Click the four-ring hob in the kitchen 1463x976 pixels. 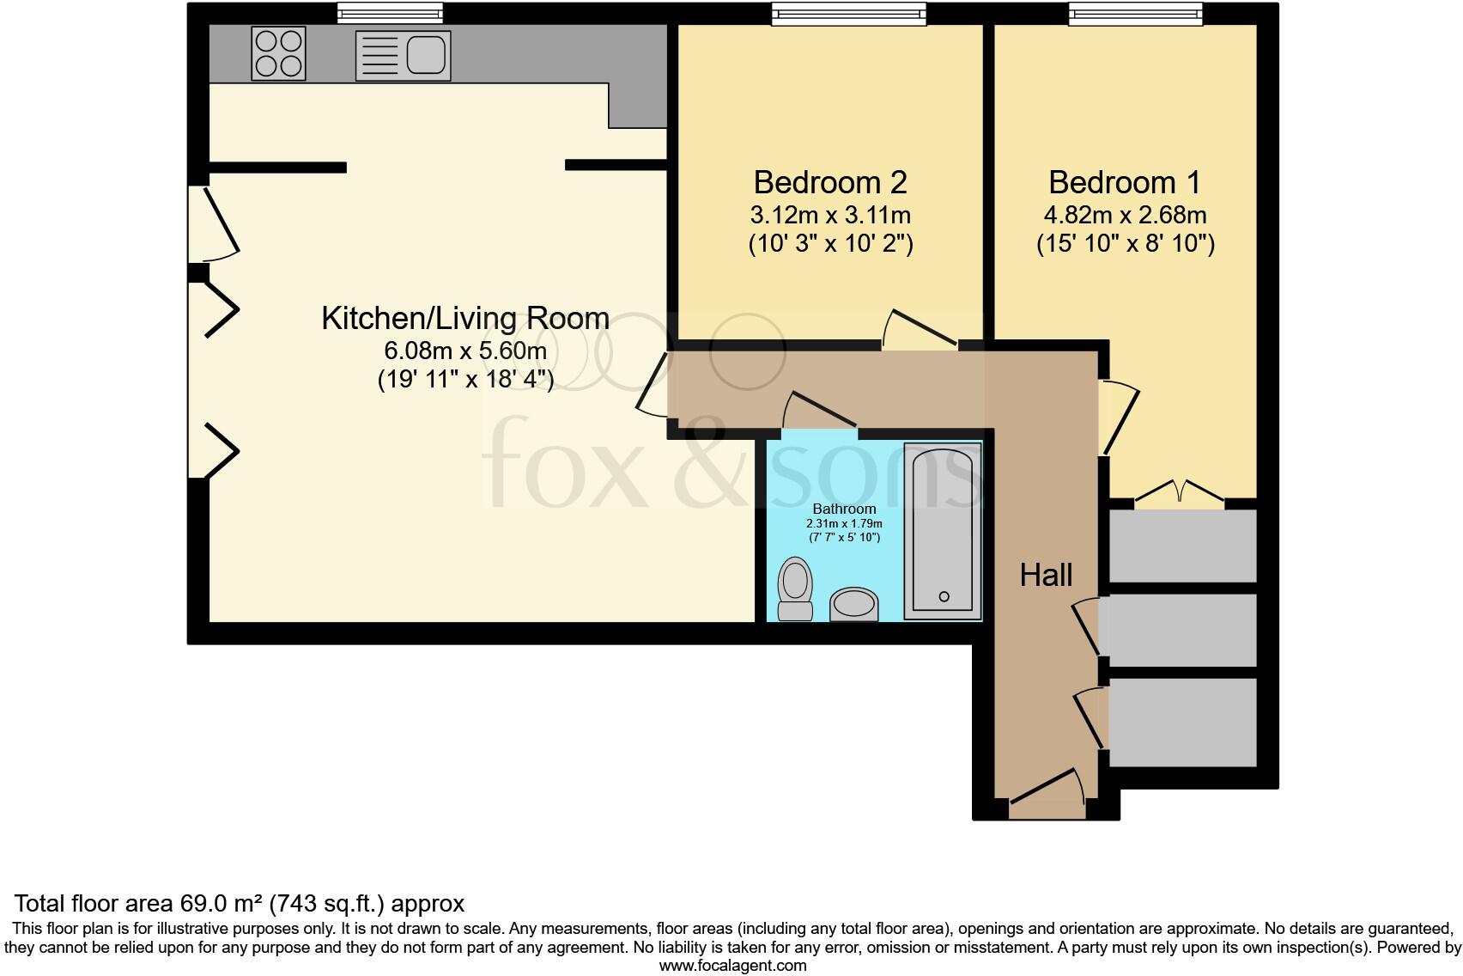click(278, 53)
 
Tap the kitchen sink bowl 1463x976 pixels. click(427, 53)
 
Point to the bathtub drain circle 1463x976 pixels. click(944, 596)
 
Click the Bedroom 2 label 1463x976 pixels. click(829, 183)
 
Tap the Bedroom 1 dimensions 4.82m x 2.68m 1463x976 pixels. click(1125, 215)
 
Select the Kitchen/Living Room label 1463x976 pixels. click(465, 319)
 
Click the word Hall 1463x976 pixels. click(1046, 575)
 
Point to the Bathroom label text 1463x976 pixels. click(844, 509)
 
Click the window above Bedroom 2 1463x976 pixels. click(848, 13)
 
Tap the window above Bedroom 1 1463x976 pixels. click(1135, 13)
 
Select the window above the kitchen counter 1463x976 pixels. click(390, 12)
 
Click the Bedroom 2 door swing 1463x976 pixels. click(919, 329)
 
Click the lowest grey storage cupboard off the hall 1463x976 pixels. click(1182, 722)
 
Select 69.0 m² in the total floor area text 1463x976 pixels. click(222, 904)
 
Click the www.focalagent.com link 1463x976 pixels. click(732, 966)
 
